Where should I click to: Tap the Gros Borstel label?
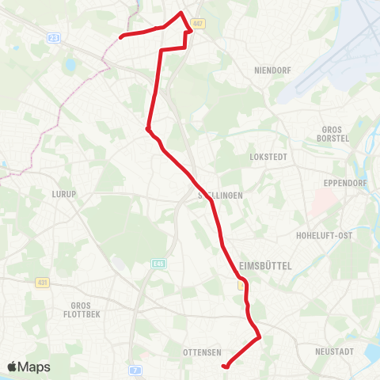pos(336,134)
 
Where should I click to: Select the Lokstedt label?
pos(265,157)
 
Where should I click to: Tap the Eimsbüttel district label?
pos(265,268)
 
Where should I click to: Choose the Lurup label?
pos(63,193)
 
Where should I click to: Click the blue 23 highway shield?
pos(54,37)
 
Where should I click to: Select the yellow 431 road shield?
pos(42,282)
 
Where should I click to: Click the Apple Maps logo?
pos(28,367)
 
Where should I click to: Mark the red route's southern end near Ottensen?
pos(226,366)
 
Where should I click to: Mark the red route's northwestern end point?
pos(120,36)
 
